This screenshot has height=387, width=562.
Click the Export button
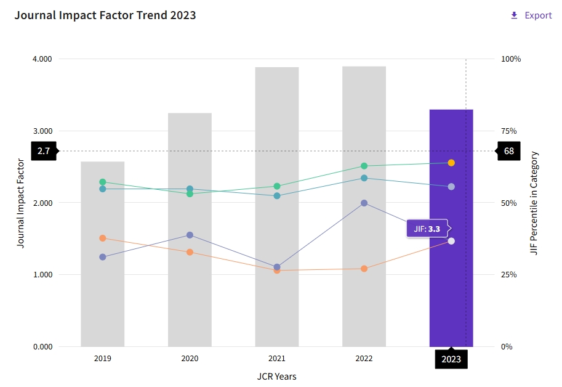tap(531, 15)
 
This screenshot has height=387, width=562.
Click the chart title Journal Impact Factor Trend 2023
tap(105, 15)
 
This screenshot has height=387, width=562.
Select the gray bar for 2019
tap(103, 296)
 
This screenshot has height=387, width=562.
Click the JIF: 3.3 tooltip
tap(427, 229)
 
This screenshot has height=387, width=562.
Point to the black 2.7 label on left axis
tap(44, 151)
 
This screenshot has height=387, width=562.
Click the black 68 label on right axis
tap(508, 151)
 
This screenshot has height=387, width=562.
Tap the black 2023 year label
tap(451, 359)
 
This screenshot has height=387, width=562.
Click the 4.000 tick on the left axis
tap(42, 59)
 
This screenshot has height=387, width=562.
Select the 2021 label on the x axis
tap(277, 358)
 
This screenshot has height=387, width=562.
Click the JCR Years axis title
tap(276, 376)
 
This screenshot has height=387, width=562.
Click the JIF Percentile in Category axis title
tap(534, 203)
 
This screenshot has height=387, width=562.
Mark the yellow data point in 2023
tap(451, 163)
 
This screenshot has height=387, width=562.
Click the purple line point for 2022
tap(364, 203)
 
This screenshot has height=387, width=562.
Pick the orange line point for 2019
tap(103, 238)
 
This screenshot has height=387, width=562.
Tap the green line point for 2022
tap(364, 166)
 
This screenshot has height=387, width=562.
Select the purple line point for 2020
tap(190, 235)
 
